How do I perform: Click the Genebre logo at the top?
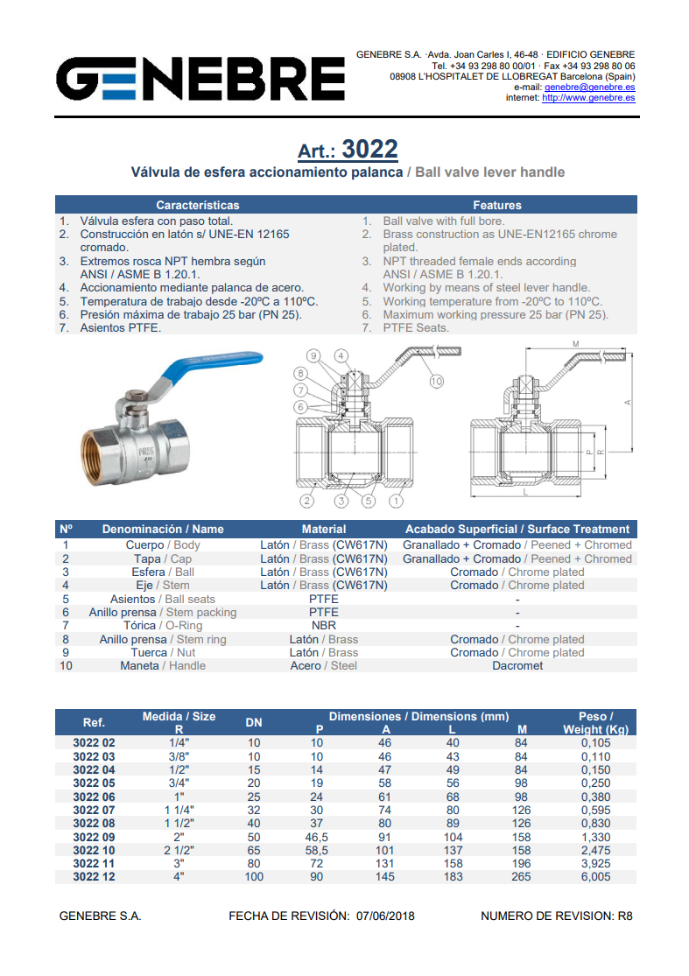(x=200, y=79)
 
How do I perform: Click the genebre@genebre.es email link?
(x=589, y=88)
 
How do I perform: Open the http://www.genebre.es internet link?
(x=588, y=98)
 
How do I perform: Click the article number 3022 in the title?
(x=369, y=150)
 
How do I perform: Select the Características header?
(x=197, y=205)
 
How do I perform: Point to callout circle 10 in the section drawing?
(x=436, y=382)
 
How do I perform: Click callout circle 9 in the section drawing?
(x=313, y=356)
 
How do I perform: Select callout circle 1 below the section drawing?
(x=396, y=501)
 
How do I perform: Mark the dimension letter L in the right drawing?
(x=525, y=492)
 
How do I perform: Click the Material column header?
(x=324, y=529)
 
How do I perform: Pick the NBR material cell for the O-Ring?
(x=324, y=626)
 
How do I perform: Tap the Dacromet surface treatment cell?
(x=517, y=665)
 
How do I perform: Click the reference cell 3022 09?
(x=94, y=837)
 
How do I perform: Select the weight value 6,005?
(x=595, y=876)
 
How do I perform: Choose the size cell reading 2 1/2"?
(x=179, y=850)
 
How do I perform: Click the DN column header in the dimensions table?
(x=253, y=723)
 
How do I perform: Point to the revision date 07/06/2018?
(x=385, y=916)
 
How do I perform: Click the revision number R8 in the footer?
(x=625, y=916)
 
